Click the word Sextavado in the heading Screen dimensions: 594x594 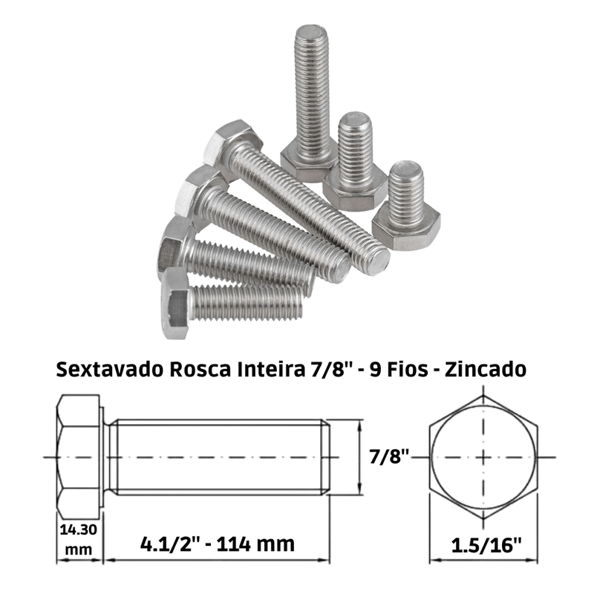pyautogui.click(x=110, y=369)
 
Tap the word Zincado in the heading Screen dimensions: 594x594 pyautogui.click(x=486, y=369)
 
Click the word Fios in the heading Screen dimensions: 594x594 pyautogui.click(x=407, y=369)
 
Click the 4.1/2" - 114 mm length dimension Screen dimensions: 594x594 pyautogui.click(x=218, y=544)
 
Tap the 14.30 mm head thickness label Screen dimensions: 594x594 pyautogui.click(x=79, y=539)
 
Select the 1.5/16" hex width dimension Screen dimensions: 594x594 pyautogui.click(x=486, y=545)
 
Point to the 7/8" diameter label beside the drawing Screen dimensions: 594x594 pyautogui.click(x=389, y=457)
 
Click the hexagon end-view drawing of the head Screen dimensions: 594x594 pyautogui.click(x=483, y=457)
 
